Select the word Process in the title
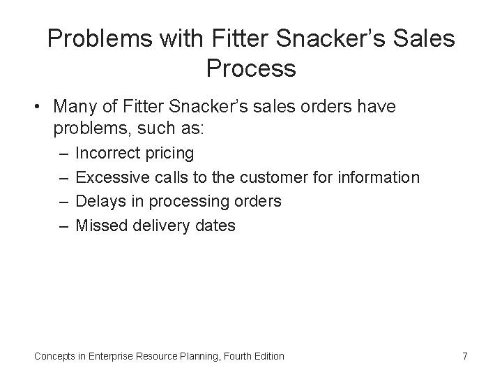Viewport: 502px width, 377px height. [x=251, y=68]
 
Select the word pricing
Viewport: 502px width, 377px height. [x=172, y=152]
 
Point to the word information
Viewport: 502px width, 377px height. [x=380, y=177]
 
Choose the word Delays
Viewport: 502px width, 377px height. [x=98, y=202]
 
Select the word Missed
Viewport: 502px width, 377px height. [x=100, y=226]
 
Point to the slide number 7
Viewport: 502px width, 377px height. [x=464, y=356]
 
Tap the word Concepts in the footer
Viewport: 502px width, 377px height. [x=53, y=356]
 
